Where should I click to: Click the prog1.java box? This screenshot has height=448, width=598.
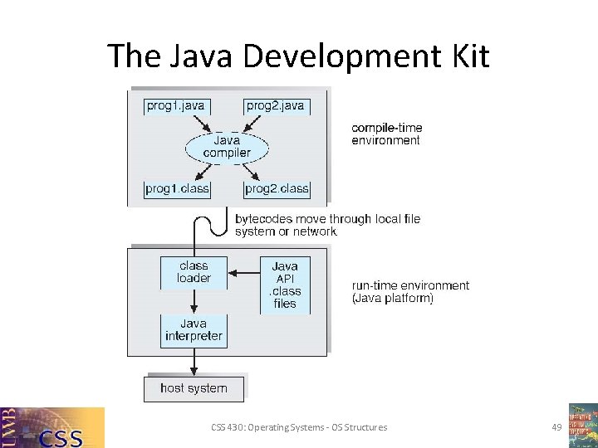175,106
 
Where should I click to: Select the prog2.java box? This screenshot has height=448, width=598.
276,106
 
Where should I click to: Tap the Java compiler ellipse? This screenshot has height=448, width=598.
226,147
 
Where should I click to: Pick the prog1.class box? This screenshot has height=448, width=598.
177,189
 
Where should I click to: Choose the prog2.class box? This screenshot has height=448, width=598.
277,189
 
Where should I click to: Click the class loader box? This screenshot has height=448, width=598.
194,273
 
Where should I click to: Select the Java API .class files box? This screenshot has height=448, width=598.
285,285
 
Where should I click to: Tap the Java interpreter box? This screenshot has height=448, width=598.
194,330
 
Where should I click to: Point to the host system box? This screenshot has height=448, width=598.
194,388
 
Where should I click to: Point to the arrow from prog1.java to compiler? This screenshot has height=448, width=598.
199,124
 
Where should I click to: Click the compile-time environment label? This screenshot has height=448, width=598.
386,134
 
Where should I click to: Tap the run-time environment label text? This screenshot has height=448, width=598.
410,291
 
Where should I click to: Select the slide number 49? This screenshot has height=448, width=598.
556,427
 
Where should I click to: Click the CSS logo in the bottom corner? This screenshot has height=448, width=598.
52,427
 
